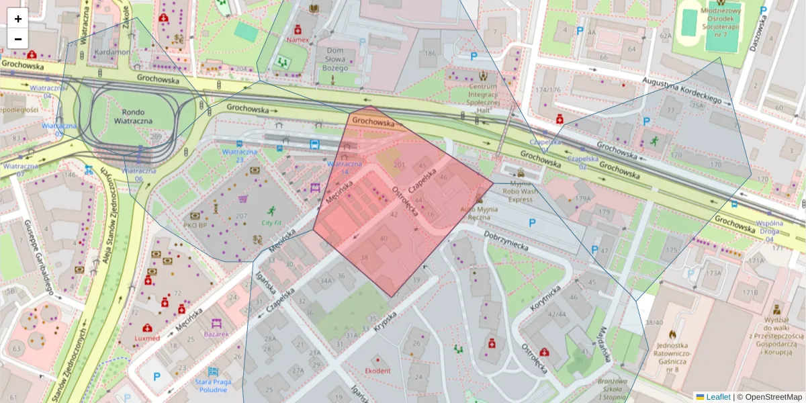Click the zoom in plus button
(x=18, y=19)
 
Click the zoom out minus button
(x=18, y=38)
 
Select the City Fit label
(x=271, y=223)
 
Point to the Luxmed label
(x=148, y=338)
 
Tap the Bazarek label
(x=217, y=334)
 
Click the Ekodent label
(x=377, y=371)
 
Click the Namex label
(x=298, y=40)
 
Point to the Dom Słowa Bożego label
(x=334, y=59)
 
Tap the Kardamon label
(x=112, y=52)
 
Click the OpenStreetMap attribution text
(x=769, y=397)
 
